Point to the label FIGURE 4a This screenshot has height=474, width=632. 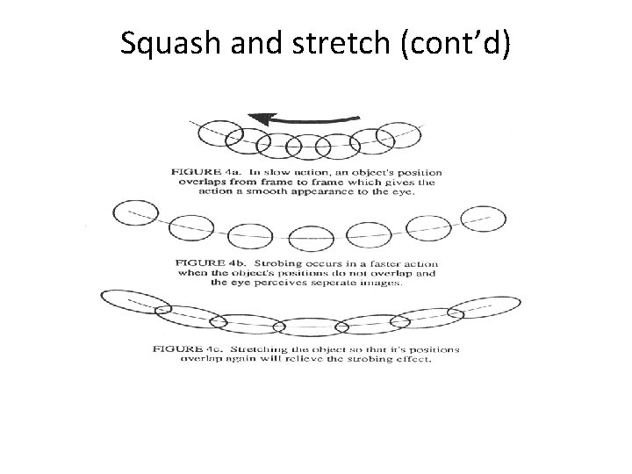201,173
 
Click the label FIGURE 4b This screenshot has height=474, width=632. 206,260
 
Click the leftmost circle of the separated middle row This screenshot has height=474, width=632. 133,213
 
